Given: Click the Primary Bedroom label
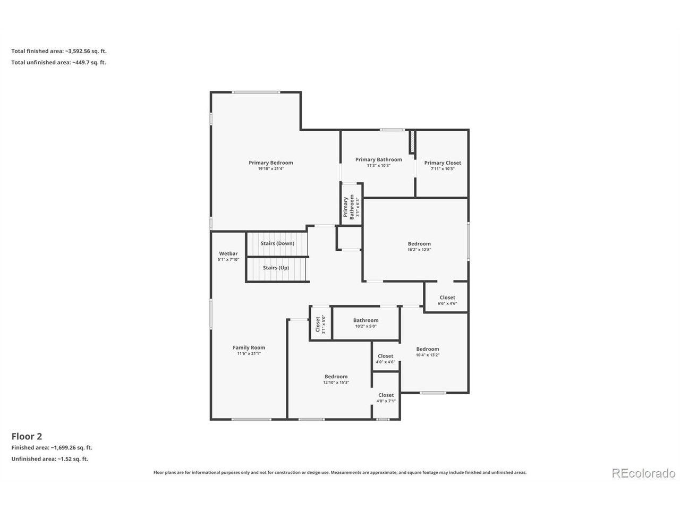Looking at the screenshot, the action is [270, 163].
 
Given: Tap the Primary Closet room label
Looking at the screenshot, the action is [443, 163].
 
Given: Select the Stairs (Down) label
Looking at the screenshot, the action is [277, 243].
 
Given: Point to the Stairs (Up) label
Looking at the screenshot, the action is [276, 267].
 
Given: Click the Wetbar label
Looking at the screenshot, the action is [228, 253].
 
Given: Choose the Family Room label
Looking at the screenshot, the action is [249, 347].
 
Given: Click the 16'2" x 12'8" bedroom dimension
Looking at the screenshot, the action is [419, 249].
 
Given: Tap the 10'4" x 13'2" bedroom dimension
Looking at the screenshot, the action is [428, 355].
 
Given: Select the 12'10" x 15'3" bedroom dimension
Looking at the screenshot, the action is [336, 382].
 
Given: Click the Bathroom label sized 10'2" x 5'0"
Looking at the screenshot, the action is [365, 320].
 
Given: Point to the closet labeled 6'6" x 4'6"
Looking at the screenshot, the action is [447, 297].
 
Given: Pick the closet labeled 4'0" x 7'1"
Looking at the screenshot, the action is [386, 395].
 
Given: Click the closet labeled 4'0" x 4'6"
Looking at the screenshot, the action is [385, 356].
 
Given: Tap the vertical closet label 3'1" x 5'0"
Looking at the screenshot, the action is [318, 324].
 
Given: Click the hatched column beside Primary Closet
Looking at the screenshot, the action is [412, 141].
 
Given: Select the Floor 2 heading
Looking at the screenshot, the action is [27, 436].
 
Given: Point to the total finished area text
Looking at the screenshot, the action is [59, 51].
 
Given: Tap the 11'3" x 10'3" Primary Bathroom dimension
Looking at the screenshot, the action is [379, 165].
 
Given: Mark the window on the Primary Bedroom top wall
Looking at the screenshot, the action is [256, 92].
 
